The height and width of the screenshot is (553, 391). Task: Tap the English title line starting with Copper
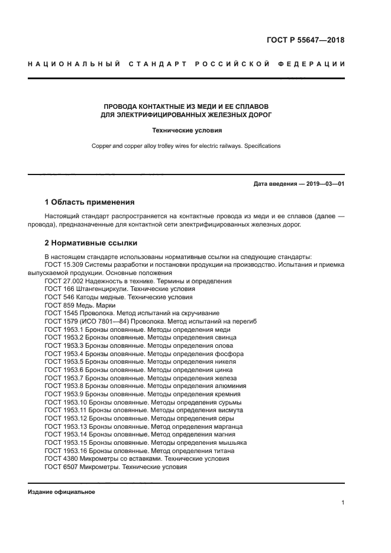click(x=185, y=145)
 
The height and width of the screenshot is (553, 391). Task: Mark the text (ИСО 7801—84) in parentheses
click(x=100, y=321)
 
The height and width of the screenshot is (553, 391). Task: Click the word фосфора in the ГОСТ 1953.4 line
click(x=228, y=354)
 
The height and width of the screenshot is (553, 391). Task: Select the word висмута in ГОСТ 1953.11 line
click(x=227, y=410)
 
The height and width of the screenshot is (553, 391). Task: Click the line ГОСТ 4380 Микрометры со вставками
click(x=137, y=458)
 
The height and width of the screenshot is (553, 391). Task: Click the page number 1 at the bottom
click(x=343, y=503)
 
